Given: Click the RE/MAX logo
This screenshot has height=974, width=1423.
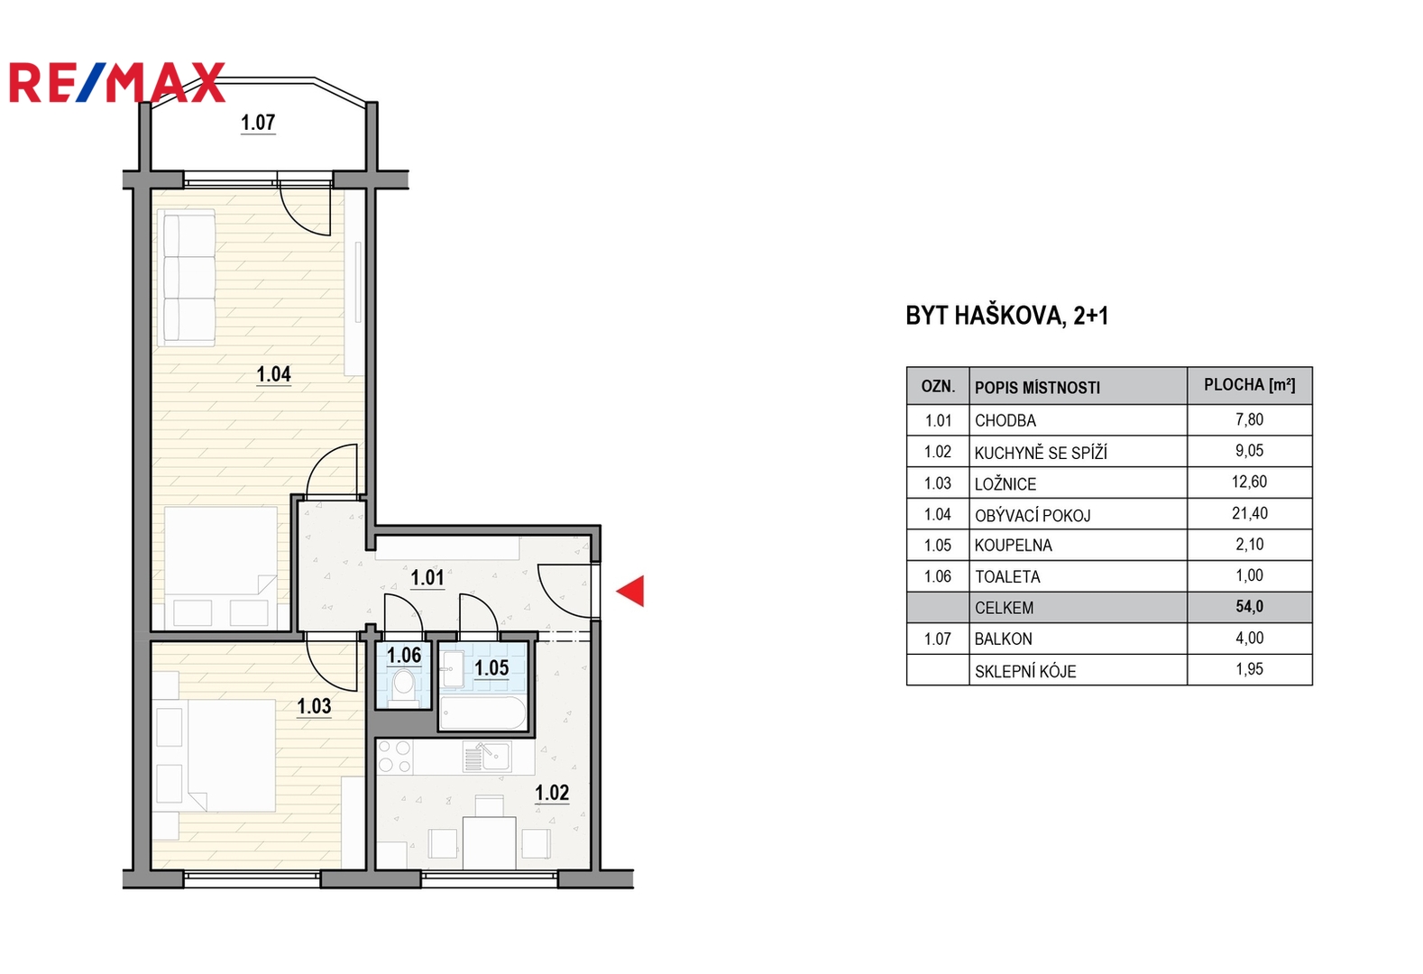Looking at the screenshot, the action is click(x=117, y=82).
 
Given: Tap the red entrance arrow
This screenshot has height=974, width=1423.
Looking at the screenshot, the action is click(x=630, y=591).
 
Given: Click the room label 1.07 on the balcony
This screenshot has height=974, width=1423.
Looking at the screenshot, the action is click(x=258, y=122).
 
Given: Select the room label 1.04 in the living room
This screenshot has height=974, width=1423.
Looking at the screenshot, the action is click(x=274, y=373).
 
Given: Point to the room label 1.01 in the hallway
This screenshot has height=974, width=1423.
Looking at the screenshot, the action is click(x=427, y=577).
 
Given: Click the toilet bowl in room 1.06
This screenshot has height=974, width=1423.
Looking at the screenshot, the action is click(x=403, y=685).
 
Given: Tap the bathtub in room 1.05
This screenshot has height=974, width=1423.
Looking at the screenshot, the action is click(x=482, y=712).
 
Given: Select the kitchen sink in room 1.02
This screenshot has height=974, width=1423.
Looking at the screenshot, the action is click(x=487, y=758).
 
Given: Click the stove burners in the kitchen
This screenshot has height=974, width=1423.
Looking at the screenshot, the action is click(x=394, y=757).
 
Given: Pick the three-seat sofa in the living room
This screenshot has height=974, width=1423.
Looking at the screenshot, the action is click(x=188, y=279).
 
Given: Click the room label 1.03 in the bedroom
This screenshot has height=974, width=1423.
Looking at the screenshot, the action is click(x=314, y=706).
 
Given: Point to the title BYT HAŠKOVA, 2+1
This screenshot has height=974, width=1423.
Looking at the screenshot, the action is click(x=1007, y=316).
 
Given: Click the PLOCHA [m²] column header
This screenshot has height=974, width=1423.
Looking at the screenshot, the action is click(x=1249, y=385).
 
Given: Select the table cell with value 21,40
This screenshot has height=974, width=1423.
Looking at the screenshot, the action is click(x=1249, y=513).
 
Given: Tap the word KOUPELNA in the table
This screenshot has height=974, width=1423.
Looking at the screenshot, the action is click(x=1014, y=546).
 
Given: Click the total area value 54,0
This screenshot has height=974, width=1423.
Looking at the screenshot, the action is click(x=1249, y=607).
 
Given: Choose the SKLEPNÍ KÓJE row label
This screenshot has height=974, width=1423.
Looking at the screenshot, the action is click(x=1025, y=672).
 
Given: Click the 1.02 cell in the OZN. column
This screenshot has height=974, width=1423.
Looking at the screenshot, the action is click(x=938, y=452).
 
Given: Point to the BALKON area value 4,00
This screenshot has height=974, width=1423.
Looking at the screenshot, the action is click(x=1249, y=638).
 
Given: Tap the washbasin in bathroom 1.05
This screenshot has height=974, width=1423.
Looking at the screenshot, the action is click(x=453, y=669).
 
